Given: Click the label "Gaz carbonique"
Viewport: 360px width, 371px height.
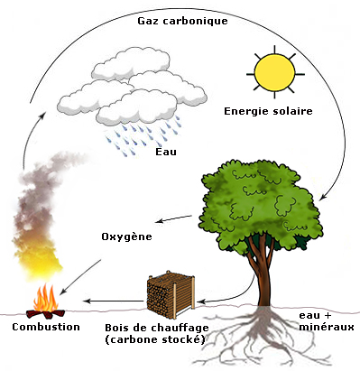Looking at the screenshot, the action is tap(182, 22).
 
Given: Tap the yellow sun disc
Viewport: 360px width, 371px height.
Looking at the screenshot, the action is tap(274, 72).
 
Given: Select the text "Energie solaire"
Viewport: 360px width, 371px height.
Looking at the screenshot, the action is tap(268, 112).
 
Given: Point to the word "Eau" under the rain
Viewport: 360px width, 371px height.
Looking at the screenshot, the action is tap(166, 152).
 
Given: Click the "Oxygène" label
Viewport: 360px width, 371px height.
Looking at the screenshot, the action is tap(126, 237).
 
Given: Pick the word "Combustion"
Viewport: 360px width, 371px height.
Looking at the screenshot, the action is tap(46, 327).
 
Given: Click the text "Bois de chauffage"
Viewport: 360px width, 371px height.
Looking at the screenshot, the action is tap(157, 328).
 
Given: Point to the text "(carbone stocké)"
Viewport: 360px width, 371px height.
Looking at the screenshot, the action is tap(155, 339).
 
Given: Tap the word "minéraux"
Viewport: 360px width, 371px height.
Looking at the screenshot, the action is tap(327, 327).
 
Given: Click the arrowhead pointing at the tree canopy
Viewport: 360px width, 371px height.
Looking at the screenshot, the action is tap(323, 197).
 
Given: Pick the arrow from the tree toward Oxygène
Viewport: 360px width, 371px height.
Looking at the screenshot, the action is tap(173, 218).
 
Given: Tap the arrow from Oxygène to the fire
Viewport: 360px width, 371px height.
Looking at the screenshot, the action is tap(80, 277).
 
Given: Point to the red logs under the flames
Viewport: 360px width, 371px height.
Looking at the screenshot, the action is tap(46, 314).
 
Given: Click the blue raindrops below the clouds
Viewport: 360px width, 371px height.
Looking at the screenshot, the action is tap(143, 135).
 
